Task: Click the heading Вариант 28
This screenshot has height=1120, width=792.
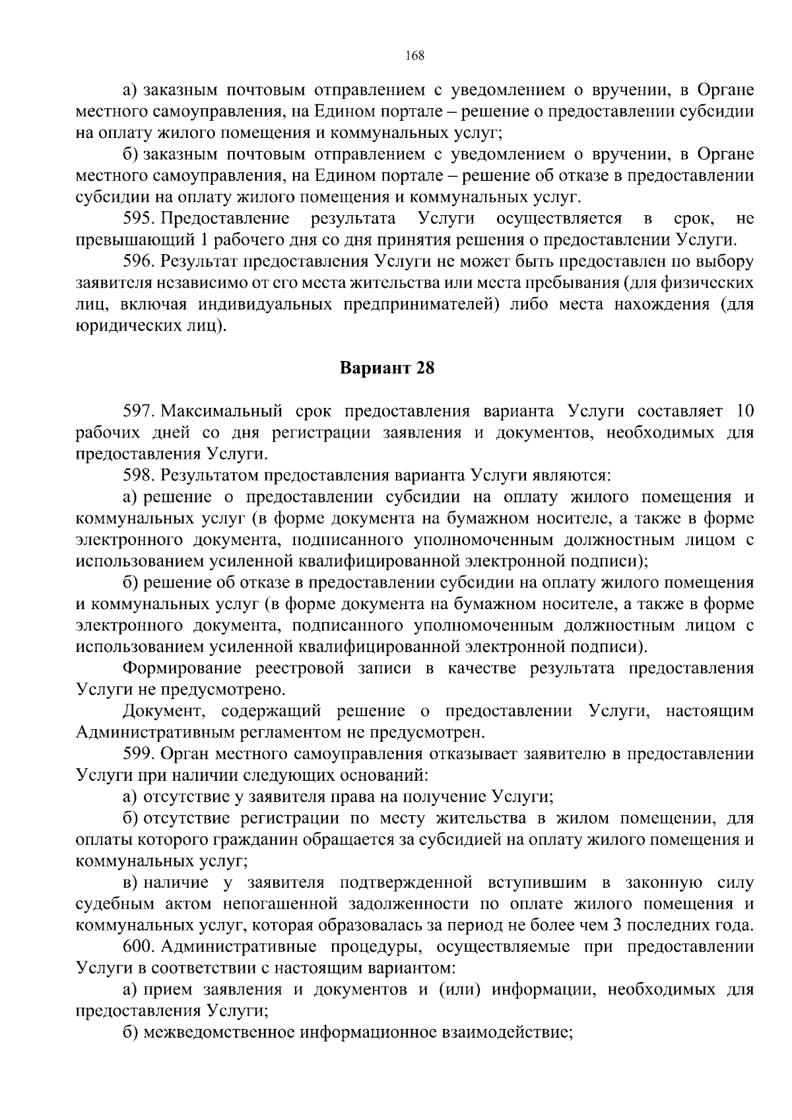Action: coord(387,368)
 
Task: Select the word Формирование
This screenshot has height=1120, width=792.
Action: coord(186,669)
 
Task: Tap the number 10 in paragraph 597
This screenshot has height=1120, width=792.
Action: coord(744,411)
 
